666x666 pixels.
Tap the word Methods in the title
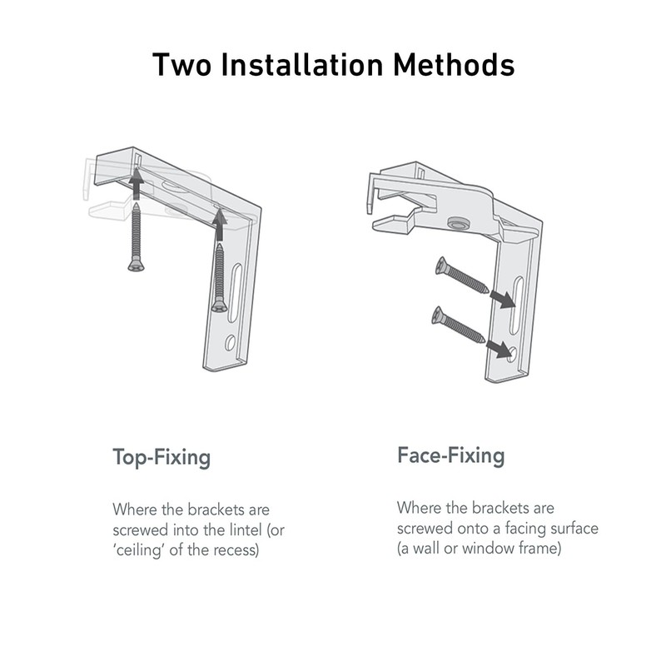click(454, 65)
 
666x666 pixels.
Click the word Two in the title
click(181, 65)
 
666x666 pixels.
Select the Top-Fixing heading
click(162, 457)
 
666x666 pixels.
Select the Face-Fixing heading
click(451, 455)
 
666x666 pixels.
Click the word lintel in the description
click(241, 529)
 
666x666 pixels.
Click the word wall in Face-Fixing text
click(426, 548)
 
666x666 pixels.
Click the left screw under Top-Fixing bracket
click(136, 237)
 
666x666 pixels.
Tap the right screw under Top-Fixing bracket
click(219, 278)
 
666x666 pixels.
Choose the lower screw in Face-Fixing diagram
click(458, 324)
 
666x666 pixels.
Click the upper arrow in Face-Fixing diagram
click(504, 299)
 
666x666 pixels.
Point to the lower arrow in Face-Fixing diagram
click(499, 349)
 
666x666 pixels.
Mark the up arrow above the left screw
click(136, 183)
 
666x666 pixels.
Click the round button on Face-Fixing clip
click(459, 222)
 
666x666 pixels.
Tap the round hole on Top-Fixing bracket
click(231, 342)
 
